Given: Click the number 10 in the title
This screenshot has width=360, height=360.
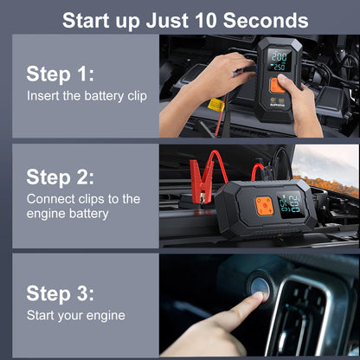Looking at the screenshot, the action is (206, 20).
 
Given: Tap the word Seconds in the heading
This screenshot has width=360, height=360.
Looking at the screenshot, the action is (266, 20).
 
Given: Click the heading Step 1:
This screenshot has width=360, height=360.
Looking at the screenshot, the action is (60, 74).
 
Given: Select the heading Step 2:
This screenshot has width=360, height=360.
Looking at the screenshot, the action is (60, 177).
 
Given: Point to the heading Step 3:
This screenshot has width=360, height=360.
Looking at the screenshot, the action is (60, 293).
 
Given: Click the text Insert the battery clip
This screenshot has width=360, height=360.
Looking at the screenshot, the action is (87, 96).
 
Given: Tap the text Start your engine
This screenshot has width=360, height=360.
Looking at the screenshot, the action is (76, 315).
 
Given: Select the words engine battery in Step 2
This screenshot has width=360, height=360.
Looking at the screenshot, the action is (67, 214).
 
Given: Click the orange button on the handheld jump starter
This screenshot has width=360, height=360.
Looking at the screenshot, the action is (278, 86).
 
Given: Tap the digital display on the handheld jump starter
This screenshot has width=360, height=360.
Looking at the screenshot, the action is (280, 61).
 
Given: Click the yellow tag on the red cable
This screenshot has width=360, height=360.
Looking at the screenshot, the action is (216, 105).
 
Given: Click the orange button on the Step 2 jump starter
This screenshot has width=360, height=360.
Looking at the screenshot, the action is (264, 206).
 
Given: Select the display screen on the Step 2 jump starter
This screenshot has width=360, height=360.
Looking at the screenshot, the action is (291, 204).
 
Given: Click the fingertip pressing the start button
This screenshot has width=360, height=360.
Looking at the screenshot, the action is (258, 295).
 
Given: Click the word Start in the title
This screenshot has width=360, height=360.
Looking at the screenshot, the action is (86, 20).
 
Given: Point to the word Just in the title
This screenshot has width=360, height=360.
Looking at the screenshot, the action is (167, 20).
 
